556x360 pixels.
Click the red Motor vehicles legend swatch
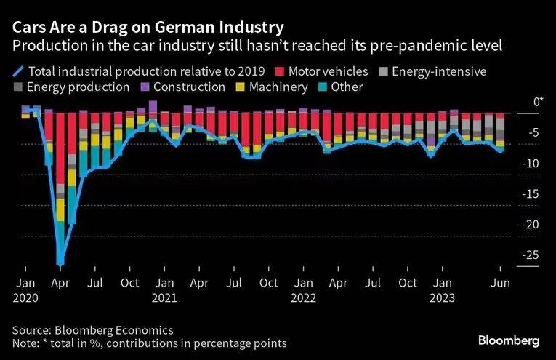click(280, 71)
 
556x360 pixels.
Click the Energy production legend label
click(78, 87)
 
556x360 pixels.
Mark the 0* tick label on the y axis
click(538, 103)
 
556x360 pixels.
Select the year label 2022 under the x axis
click(302, 297)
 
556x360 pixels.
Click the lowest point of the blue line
click(60, 262)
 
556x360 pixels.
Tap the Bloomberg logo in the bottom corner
click(509, 340)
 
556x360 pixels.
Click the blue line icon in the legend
click(17, 71)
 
